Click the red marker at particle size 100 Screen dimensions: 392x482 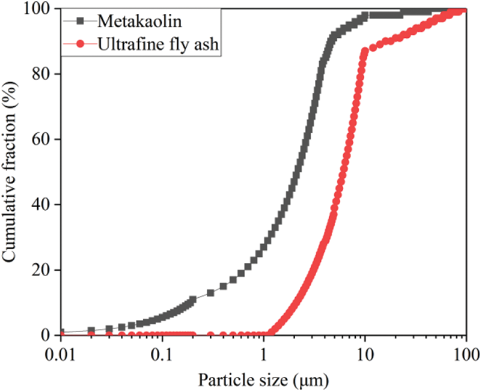(x=465, y=10)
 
